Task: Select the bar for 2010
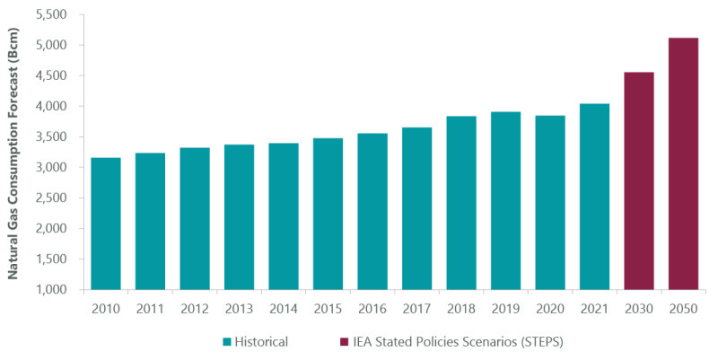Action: [x=106, y=224]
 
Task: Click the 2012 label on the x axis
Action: [x=195, y=308]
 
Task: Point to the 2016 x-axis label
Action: [x=372, y=308]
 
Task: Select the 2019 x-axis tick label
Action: [x=505, y=308]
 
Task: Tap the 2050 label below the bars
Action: [x=683, y=308]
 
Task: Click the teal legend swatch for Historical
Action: [x=228, y=342]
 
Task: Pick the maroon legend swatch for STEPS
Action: [x=345, y=342]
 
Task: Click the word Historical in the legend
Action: [x=263, y=342]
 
